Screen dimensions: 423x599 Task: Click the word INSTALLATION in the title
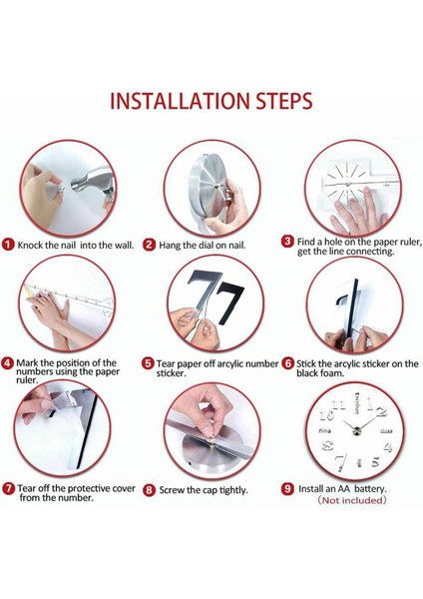[180, 101]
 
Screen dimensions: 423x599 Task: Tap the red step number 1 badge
[8, 245]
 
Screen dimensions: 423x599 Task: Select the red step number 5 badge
[148, 363]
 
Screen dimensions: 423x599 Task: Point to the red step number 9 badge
[287, 489]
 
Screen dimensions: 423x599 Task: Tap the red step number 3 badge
[287, 242]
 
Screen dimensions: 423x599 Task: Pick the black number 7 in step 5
[229, 302]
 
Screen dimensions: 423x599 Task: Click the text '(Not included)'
[352, 500]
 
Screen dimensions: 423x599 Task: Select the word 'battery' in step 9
[370, 488]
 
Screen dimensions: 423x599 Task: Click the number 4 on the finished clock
[387, 446]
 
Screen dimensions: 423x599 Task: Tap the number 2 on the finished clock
[381, 411]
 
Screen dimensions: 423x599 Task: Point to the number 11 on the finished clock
[339, 405]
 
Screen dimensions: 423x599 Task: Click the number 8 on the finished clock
[328, 445]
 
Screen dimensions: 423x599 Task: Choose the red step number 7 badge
[8, 488]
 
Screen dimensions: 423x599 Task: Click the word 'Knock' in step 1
[31, 245]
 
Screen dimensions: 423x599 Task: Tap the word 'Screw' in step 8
[173, 490]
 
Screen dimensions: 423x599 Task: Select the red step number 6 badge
[288, 363]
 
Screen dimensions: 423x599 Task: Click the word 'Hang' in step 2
[169, 246]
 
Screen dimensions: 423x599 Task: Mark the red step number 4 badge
[8, 363]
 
